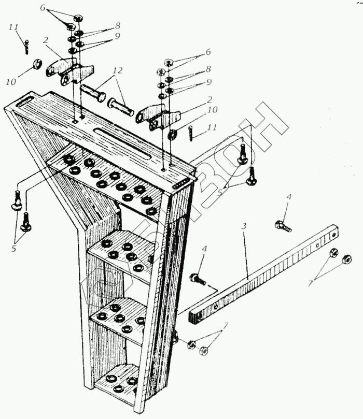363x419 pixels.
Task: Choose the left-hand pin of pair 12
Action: pos(93,95)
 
